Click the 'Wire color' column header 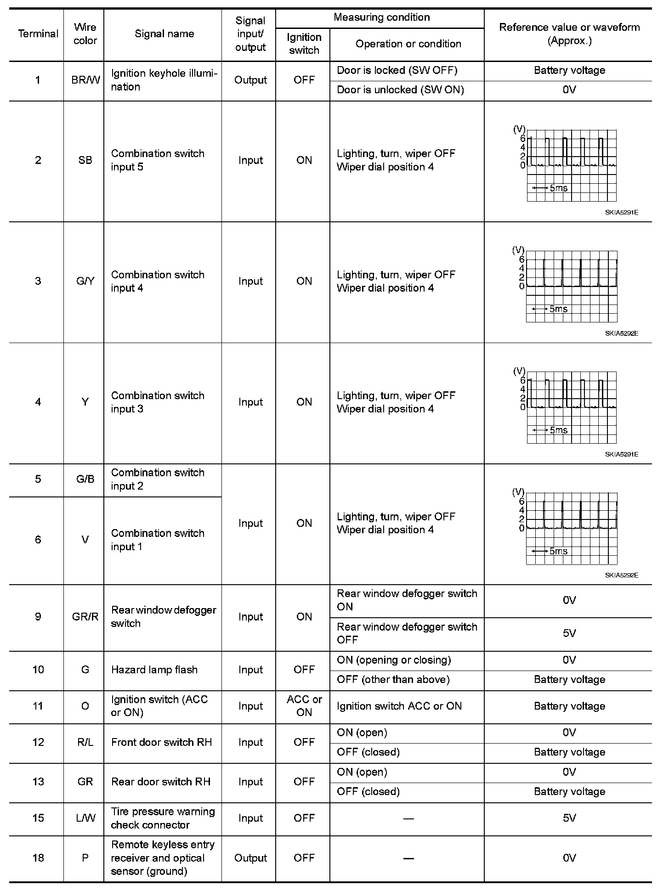pos(85,34)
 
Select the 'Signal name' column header pos(164,34)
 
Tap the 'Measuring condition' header pos(381,17)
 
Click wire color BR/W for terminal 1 pos(85,80)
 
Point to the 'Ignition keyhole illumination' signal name pos(164,80)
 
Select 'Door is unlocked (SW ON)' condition pos(400,90)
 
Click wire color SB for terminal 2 pos(85,160)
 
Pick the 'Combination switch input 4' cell pos(158,281)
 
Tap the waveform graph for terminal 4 pos(571,407)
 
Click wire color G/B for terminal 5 pos(85,479)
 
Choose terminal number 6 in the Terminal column pos(38,540)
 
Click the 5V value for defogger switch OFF pos(569,633)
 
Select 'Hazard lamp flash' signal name pos(154,670)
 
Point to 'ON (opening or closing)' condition pos(394,660)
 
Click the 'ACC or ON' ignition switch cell pos(304,706)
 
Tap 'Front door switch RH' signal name pos(161,743)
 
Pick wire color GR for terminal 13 pos(85,782)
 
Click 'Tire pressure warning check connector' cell pos(163,818)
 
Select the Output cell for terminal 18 pos(250,858)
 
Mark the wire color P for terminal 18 pos(85,858)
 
